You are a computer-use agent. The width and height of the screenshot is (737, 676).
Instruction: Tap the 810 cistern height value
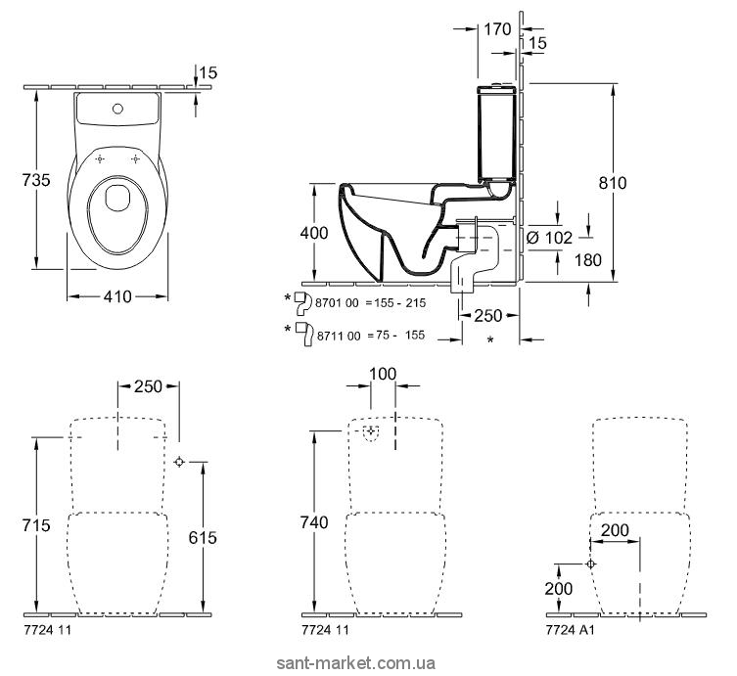point(612,183)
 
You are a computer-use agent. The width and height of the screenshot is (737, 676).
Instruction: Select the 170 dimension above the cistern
point(498,29)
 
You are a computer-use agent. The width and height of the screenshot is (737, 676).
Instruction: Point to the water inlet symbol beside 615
point(180,462)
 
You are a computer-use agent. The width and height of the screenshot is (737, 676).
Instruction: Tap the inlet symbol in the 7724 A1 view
point(588,564)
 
